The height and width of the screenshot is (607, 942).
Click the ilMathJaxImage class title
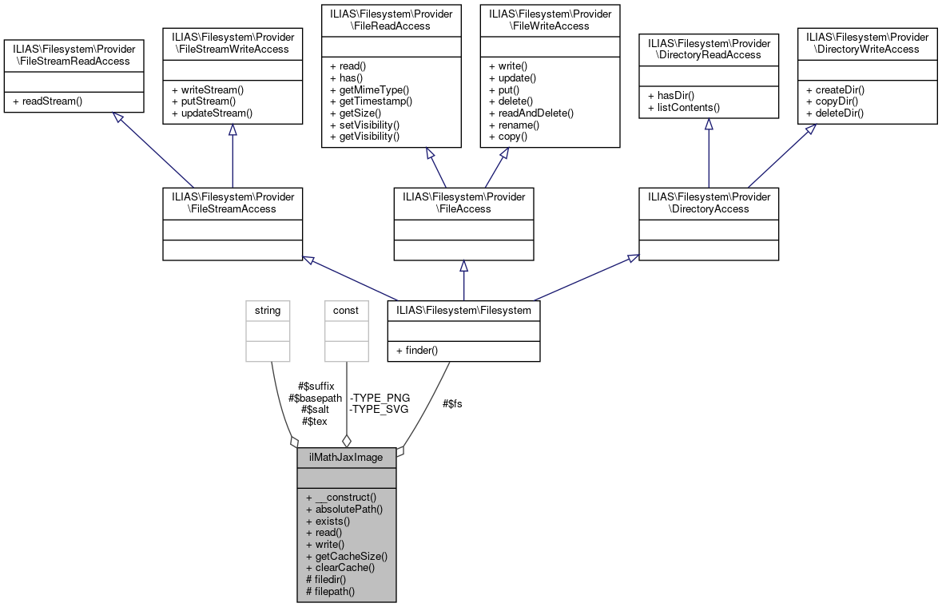[346, 458]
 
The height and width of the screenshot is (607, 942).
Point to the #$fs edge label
[452, 403]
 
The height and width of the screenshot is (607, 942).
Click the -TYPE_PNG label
[380, 398]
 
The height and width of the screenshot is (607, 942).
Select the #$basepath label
[315, 398]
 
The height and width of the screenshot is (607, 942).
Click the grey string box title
[268, 310]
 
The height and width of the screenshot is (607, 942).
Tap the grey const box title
[346, 310]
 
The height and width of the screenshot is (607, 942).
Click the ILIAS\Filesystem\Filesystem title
[463, 310]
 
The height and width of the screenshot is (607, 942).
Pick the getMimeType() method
[368, 89]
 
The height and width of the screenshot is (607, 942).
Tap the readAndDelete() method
[531, 113]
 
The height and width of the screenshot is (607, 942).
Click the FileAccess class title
[463, 202]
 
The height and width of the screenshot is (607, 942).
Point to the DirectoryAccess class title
[708, 202]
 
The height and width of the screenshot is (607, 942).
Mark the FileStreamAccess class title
[232, 202]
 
